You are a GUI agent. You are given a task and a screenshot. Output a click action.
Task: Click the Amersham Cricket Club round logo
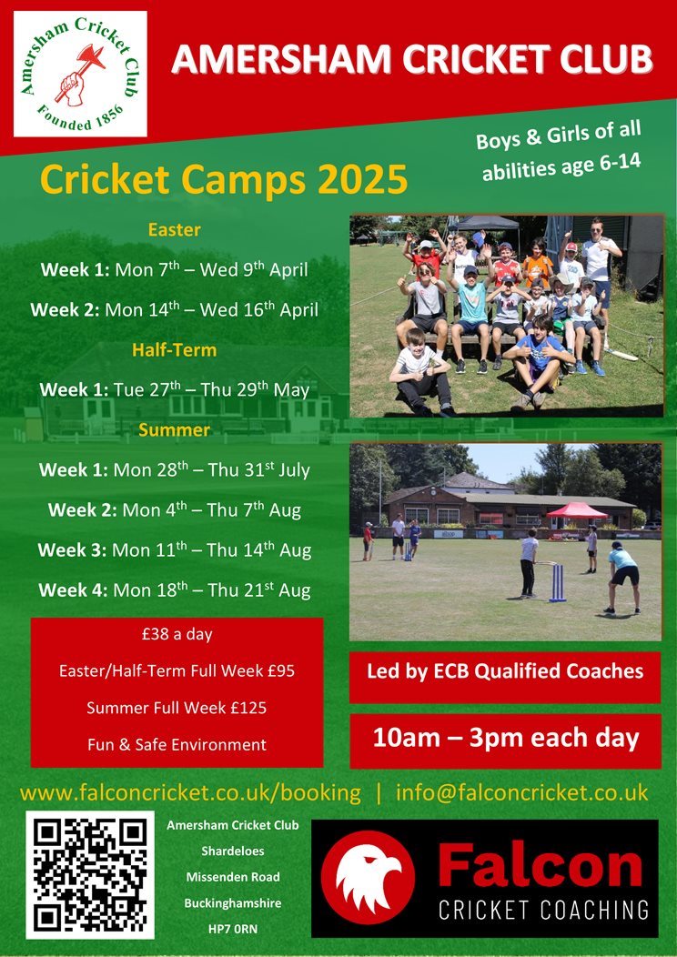80,74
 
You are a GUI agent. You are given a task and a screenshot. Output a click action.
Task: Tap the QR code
90,874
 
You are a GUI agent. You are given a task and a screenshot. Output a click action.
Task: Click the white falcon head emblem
368,877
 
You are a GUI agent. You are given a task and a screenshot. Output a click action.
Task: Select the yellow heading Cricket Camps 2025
224,179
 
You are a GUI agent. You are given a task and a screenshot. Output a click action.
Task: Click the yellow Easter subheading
174,230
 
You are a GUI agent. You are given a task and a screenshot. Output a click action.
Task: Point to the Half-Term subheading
174,350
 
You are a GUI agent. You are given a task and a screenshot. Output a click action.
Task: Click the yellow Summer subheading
174,429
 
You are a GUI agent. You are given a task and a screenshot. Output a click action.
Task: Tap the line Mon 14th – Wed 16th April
212,309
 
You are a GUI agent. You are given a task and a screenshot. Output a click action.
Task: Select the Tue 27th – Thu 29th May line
211,390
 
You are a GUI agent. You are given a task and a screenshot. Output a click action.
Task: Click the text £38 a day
177,635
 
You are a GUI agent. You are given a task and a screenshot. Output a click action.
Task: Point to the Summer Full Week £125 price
177,708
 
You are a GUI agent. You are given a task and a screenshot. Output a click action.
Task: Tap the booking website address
190,793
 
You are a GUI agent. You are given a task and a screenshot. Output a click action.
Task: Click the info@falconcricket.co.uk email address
522,792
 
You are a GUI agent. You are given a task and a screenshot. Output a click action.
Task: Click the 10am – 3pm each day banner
505,739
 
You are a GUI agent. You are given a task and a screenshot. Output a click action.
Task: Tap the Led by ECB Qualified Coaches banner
505,672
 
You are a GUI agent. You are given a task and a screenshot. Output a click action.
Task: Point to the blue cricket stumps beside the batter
557,583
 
